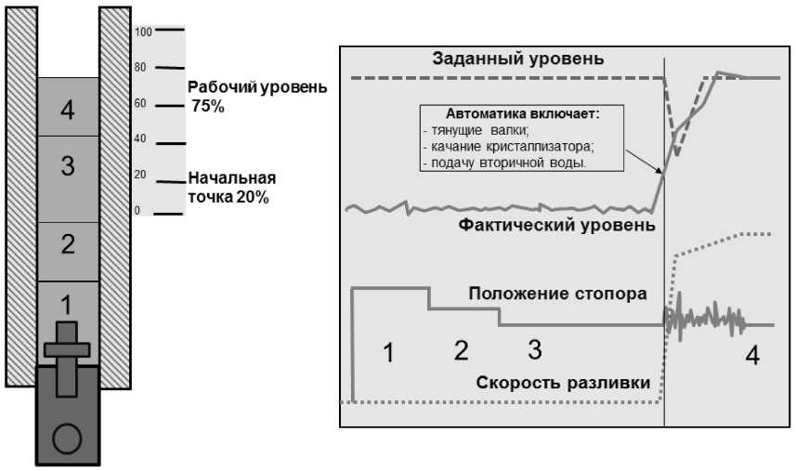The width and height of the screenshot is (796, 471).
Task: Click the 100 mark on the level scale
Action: click(142, 32)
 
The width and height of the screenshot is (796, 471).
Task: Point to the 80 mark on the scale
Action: click(141, 67)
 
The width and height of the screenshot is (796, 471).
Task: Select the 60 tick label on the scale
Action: click(141, 103)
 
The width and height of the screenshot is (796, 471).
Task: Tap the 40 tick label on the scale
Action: click(141, 138)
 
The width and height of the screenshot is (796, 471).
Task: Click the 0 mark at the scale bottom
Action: click(137, 211)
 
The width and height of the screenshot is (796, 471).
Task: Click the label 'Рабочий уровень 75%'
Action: click(257, 97)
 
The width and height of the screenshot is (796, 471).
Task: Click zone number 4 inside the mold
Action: click(67, 111)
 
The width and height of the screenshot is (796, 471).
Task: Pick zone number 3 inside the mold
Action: click(67, 166)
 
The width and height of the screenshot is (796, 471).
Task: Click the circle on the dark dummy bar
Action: click(67, 438)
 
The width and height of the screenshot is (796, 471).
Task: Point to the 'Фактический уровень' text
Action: click(557, 225)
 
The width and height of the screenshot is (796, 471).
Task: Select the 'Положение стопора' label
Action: click(557, 295)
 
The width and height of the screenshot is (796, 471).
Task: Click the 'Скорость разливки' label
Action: click(563, 383)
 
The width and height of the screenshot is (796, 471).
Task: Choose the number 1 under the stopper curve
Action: click(388, 353)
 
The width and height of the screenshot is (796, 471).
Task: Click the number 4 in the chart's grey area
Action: click(752, 355)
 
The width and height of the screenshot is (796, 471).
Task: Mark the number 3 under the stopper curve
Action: click(534, 350)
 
